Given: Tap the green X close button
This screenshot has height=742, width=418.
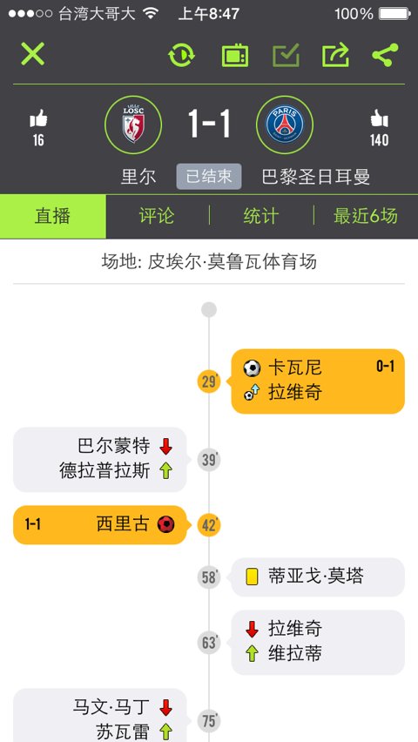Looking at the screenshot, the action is coord(33,54).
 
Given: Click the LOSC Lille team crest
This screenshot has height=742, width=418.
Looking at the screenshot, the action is coord(133,125).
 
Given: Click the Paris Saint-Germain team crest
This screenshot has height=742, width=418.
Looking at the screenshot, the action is coord(285,125).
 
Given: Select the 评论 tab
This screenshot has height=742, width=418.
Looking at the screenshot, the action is coord(157,216).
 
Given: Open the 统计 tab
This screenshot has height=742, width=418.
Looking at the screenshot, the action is coord(261,216).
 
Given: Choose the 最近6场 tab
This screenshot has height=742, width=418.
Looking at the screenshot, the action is coord(366,216).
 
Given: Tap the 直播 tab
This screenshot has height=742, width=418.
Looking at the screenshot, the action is coord(52,216).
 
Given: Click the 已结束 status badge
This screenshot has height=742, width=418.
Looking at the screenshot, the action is coord(209,177).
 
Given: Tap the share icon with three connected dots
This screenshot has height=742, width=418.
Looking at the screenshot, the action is coord(385,55).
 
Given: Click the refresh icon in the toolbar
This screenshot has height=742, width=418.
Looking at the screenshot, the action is coord(181,56).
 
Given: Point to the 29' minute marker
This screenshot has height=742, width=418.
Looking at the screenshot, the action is coord(209,381).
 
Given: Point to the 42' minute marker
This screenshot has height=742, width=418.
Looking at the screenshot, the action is coord(209,525).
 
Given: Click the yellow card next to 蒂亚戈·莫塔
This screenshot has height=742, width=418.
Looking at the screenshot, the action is coord(252,577).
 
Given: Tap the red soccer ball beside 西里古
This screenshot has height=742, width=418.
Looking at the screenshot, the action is coord(165,524).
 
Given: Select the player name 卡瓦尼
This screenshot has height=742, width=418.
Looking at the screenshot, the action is coord(295,368).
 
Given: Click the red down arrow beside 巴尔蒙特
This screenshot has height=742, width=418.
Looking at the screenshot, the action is coord(165,446).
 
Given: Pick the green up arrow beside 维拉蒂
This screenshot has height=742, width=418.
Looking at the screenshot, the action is coord(252,654).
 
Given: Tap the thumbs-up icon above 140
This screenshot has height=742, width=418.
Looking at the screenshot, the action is coord(379,118).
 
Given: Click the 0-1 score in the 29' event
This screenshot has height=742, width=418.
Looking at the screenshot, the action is coord(385,366).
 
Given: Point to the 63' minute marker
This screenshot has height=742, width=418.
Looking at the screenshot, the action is coord(209,643).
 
